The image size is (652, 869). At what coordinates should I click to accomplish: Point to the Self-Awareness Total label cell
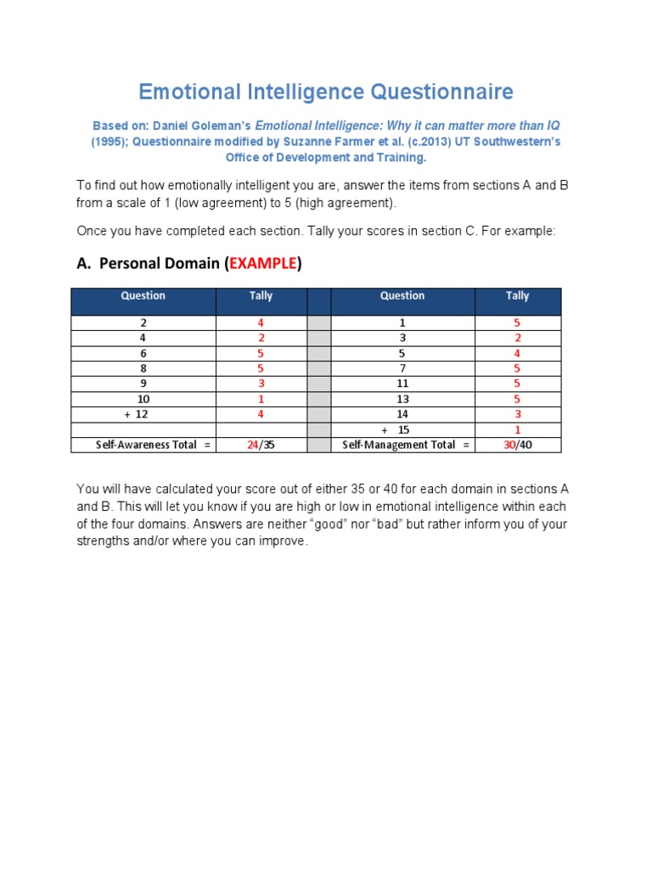click(x=143, y=445)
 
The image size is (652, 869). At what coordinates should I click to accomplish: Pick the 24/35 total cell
click(x=261, y=445)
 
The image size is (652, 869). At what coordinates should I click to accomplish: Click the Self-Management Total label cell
click(x=402, y=445)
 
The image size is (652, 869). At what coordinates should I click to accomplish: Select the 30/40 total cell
click(x=517, y=445)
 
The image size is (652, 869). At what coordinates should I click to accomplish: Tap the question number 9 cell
click(x=143, y=384)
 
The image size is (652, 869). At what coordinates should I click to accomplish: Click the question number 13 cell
click(x=402, y=399)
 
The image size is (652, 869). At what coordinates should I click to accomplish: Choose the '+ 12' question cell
click(x=143, y=414)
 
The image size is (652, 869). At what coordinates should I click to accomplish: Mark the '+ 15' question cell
click(x=402, y=429)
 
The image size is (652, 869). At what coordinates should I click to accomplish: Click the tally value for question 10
click(x=261, y=399)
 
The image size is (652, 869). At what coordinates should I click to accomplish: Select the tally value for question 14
click(x=517, y=414)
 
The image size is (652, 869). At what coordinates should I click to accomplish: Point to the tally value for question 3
click(x=517, y=338)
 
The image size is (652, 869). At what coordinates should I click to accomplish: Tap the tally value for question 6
click(x=261, y=353)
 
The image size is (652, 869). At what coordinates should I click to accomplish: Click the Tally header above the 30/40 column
click(x=517, y=296)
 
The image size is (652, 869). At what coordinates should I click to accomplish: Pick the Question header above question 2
click(x=143, y=296)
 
